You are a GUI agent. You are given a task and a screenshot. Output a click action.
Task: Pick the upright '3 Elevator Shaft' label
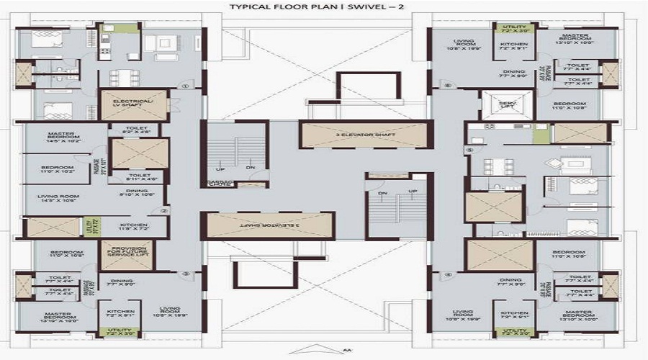tap(365, 135)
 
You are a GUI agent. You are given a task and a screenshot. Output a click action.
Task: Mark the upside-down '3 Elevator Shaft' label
tap(266, 226)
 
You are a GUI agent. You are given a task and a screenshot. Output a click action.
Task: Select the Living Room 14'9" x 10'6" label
tap(58, 199)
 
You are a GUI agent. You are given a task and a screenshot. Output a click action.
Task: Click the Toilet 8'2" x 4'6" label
tap(138, 130)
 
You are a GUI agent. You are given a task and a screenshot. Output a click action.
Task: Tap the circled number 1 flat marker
tap(185, 86)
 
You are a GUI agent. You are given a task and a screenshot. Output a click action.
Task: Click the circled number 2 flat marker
tap(164, 211)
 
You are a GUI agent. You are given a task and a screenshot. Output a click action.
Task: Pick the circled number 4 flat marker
tap(447, 274)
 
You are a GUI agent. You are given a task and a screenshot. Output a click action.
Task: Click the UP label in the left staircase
tap(214, 167)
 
